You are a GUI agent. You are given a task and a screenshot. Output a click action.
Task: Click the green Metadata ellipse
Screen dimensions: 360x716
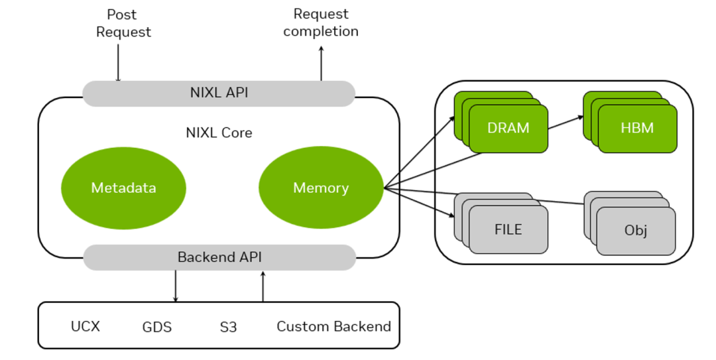click(x=123, y=188)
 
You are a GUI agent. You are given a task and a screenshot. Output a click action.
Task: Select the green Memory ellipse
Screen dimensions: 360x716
click(x=321, y=188)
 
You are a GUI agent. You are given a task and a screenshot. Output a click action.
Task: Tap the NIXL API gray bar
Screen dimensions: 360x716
click(x=219, y=93)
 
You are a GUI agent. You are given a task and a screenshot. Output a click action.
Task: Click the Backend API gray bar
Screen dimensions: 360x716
click(x=219, y=257)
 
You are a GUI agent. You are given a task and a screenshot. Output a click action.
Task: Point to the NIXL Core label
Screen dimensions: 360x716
click(x=219, y=133)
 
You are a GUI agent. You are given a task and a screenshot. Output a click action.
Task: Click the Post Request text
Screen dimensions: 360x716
click(x=123, y=23)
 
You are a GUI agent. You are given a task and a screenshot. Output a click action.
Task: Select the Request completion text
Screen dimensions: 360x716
click(x=321, y=23)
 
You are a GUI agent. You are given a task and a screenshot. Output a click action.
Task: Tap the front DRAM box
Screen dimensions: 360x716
click(x=508, y=129)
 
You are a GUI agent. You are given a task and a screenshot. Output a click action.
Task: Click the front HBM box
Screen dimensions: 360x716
click(x=637, y=129)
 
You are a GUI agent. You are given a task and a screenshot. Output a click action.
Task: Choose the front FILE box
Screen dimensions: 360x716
click(x=508, y=230)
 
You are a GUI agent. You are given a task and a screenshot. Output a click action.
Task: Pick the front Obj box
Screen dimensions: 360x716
click(x=636, y=231)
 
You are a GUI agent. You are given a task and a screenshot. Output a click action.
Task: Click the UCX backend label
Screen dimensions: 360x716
click(x=86, y=326)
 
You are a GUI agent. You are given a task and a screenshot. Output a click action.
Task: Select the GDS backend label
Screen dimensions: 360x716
click(x=157, y=327)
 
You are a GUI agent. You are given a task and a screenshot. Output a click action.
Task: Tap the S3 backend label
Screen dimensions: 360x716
click(x=228, y=327)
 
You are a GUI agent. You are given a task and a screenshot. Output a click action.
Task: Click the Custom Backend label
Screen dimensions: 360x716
click(x=333, y=326)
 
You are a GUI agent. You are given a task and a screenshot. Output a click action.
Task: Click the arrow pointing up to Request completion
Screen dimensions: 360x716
click(x=322, y=64)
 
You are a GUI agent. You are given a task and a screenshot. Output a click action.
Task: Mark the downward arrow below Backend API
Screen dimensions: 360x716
click(x=176, y=286)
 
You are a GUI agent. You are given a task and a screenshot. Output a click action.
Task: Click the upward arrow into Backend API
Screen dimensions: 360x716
click(x=263, y=286)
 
